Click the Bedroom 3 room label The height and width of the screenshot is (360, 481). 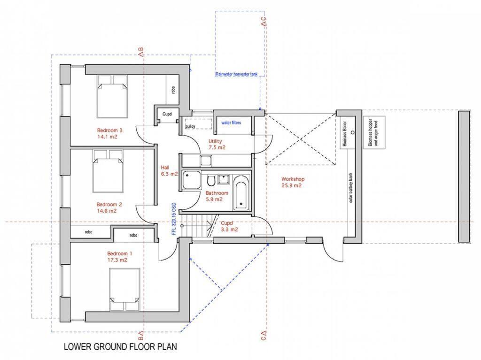click(x=109, y=130)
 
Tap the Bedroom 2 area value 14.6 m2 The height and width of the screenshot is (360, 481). click(x=107, y=211)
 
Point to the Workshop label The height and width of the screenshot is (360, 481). click(x=293, y=179)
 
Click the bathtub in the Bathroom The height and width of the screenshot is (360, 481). click(x=240, y=191)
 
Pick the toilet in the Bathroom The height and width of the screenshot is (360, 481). click(x=211, y=181)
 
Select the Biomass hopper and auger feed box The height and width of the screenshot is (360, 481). click(x=374, y=132)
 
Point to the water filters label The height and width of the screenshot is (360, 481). click(x=231, y=123)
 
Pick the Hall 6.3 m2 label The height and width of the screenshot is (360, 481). click(x=169, y=170)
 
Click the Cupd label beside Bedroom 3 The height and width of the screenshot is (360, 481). click(x=167, y=114)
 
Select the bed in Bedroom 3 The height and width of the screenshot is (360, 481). click(x=113, y=97)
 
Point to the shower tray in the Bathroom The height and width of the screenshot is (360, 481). click(x=191, y=179)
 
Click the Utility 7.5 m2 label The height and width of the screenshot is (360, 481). click(x=217, y=144)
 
